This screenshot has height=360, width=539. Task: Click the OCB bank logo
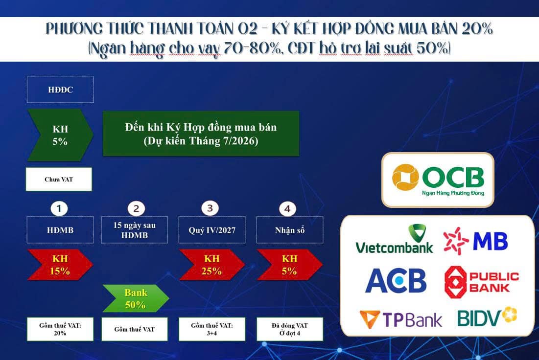(x=438, y=180)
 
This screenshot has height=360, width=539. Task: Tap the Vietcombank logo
(x=394, y=239)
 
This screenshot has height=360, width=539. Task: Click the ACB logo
(x=396, y=281)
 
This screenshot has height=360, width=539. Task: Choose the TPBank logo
(x=400, y=319)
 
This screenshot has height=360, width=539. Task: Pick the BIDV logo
(x=487, y=317)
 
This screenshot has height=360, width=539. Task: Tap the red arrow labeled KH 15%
(x=60, y=265)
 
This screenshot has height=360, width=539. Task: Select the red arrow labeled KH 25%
(x=211, y=265)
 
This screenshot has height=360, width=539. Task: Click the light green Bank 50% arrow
(x=135, y=298)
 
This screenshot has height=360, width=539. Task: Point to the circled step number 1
(x=59, y=209)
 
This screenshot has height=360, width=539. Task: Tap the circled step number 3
(x=210, y=208)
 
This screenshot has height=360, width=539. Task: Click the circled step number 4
(x=287, y=209)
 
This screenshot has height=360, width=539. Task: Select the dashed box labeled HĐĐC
(x=60, y=90)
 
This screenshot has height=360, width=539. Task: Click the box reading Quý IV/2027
(x=212, y=229)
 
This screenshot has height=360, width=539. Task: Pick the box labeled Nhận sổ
(x=290, y=229)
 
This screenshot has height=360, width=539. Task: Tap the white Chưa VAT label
(x=58, y=180)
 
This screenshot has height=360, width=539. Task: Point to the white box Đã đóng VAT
(x=290, y=329)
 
